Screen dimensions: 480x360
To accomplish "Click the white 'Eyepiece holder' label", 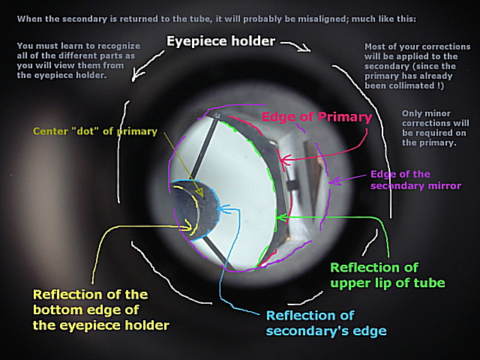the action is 220,41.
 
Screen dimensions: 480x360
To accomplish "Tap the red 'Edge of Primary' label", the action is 316,117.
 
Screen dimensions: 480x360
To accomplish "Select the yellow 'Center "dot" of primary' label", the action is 95,131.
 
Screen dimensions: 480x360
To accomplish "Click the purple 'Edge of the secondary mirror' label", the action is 415,180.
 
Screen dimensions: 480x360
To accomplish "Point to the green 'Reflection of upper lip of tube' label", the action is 388,275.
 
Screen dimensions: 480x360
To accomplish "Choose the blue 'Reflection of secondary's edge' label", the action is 326,323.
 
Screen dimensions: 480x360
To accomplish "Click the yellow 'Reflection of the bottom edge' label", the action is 101,310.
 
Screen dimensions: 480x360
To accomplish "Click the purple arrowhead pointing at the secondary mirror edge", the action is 334,181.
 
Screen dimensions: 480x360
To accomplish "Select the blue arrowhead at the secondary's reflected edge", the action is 222,209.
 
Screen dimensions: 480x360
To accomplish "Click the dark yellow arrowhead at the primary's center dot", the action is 199,193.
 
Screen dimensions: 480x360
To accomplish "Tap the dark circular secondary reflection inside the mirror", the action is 194,209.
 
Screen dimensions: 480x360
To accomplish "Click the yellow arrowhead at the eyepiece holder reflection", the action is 187,226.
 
